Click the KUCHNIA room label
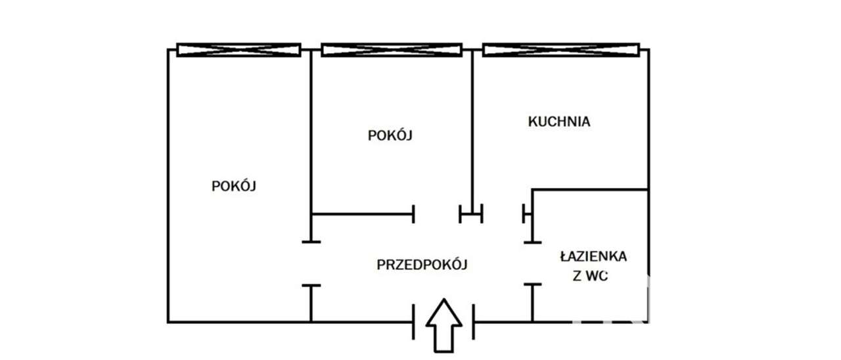point(559,122)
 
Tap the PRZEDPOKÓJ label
point(422,265)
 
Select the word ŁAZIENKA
point(593,256)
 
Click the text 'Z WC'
point(590,277)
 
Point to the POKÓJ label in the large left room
point(233,186)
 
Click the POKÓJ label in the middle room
point(390,135)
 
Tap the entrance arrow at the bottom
point(444,325)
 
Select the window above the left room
point(239,50)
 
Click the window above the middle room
point(392,50)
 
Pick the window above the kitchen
point(561,50)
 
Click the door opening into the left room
point(311,263)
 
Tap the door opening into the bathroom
point(532,263)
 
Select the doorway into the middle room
point(437,214)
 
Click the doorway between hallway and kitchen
point(503,214)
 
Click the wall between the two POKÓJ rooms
point(311,131)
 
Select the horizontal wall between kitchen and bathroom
point(589,190)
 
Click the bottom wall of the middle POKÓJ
point(361,214)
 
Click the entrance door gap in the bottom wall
point(443,322)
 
